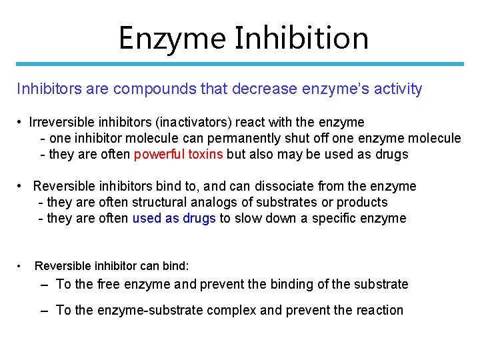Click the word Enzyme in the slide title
tap(171, 39)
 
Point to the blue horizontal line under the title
tap(240, 64)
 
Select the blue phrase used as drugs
tap(174, 218)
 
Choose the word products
tap(362, 202)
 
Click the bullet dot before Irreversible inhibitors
tap(22, 122)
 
